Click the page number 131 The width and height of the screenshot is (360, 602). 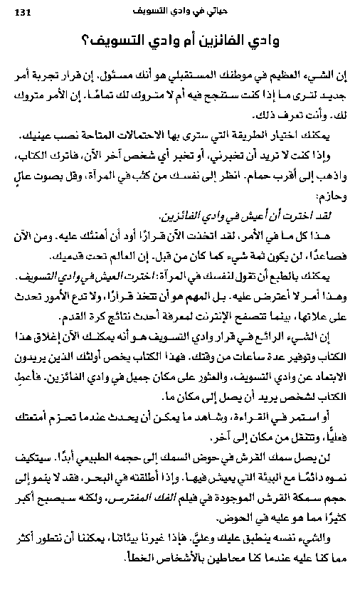pyautogui.click(x=21, y=11)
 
